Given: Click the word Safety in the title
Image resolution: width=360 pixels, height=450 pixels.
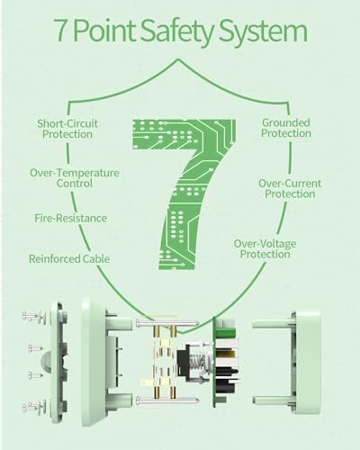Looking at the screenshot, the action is [177, 31].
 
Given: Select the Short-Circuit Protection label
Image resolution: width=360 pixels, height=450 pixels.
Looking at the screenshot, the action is [67, 129].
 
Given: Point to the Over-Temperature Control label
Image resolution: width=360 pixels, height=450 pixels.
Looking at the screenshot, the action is [75, 178].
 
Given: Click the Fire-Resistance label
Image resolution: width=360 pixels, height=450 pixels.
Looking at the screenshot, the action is [70, 218].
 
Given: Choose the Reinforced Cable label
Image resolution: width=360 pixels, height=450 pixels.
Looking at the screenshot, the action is [69, 258].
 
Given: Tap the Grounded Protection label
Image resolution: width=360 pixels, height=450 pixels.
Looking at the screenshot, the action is [286, 128].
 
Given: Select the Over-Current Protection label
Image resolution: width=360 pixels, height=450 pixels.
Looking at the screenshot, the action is [290, 188].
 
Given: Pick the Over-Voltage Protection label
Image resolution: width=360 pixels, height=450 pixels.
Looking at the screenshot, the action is [265, 248].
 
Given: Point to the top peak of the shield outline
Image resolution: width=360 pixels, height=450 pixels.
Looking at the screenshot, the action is [179, 59].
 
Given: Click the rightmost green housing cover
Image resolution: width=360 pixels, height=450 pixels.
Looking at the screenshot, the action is [305, 362].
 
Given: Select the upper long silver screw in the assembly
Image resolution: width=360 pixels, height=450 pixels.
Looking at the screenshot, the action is [167, 323].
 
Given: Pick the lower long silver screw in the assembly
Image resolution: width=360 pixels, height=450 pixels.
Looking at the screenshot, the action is [167, 400].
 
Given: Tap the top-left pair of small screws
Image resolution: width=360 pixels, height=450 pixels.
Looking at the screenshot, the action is [31, 316].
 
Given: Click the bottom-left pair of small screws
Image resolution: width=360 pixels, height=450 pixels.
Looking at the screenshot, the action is [31, 407].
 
